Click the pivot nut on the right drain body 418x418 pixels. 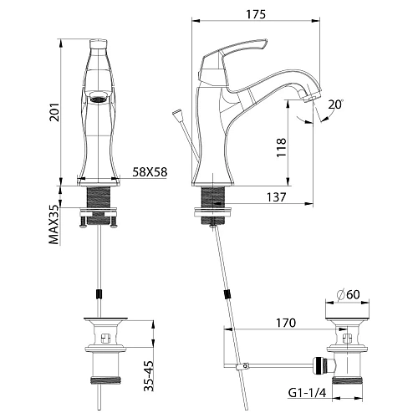coord(319,365)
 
